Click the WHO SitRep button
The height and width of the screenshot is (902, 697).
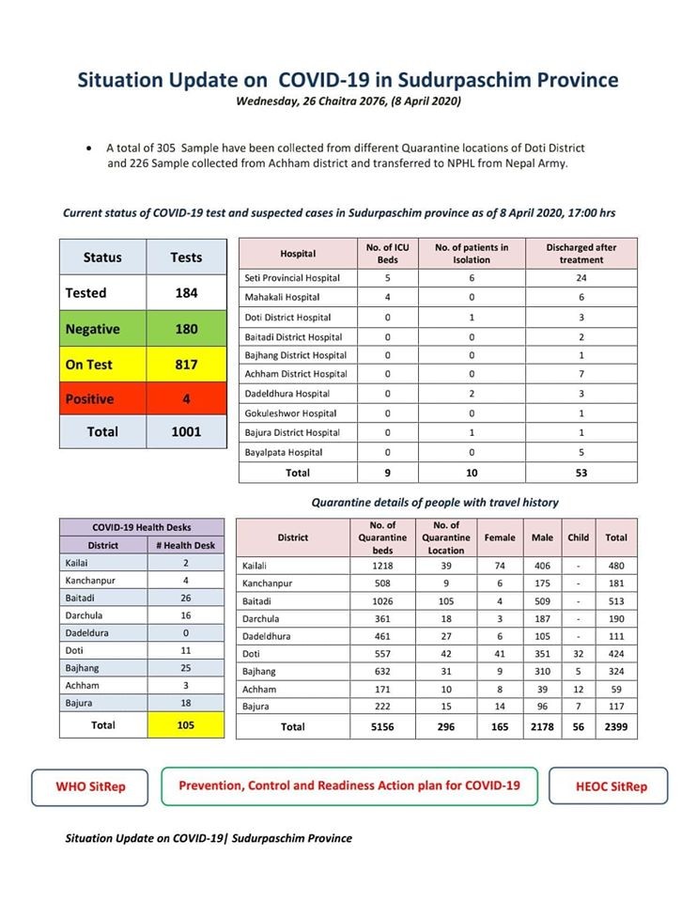pyautogui.click(x=90, y=786)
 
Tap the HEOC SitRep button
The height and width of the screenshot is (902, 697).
pyautogui.click(x=610, y=786)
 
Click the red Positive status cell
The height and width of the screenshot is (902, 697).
pyautogui.click(x=102, y=398)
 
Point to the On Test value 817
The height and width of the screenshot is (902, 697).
pyautogui.click(x=186, y=364)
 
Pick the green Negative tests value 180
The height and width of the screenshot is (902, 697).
pyautogui.click(x=186, y=329)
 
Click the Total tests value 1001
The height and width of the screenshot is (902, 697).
pyautogui.click(x=186, y=431)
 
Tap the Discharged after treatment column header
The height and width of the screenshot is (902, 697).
pyautogui.click(x=581, y=254)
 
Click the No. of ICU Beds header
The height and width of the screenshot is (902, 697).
pyautogui.click(x=387, y=254)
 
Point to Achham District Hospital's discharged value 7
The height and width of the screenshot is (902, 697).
pyautogui.click(x=581, y=374)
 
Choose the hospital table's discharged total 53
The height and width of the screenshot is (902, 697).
pyautogui.click(x=581, y=473)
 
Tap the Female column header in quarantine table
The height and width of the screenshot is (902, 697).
pyautogui.click(x=499, y=537)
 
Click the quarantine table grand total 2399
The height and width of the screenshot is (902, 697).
pyautogui.click(x=616, y=726)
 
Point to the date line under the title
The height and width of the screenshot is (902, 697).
pyautogui.click(x=348, y=101)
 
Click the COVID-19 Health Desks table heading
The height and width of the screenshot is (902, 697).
pyautogui.click(x=144, y=527)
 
